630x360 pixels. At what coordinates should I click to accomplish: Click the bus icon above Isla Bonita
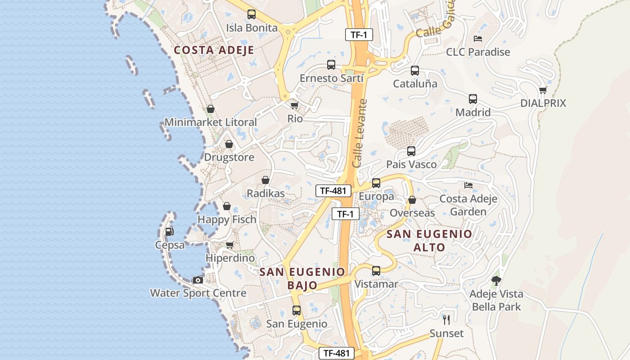252,14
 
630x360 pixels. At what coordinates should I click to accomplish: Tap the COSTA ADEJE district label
214,50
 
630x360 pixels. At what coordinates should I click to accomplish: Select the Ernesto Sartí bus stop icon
331,65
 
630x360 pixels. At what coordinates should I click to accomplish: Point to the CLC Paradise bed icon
478,39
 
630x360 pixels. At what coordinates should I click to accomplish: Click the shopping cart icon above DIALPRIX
543,90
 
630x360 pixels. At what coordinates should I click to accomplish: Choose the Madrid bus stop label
473,112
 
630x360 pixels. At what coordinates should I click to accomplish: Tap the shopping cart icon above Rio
294,105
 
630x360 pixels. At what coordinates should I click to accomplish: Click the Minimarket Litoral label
211,122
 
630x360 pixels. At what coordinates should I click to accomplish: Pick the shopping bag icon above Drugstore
229,144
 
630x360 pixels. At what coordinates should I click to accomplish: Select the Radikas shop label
265,193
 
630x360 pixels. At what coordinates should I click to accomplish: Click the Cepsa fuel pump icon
170,232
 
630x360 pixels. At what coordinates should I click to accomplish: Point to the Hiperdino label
230,258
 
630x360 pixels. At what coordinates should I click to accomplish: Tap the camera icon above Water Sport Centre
198,280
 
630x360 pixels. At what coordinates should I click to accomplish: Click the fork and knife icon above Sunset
446,320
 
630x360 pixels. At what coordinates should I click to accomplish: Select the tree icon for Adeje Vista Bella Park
496,281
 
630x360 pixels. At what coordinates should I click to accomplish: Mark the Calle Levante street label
360,134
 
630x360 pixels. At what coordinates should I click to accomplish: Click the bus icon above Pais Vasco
411,151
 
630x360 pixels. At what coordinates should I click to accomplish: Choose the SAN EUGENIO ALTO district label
429,240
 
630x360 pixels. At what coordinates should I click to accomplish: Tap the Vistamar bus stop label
376,284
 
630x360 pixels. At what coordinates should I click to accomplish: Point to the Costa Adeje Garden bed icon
468,185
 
